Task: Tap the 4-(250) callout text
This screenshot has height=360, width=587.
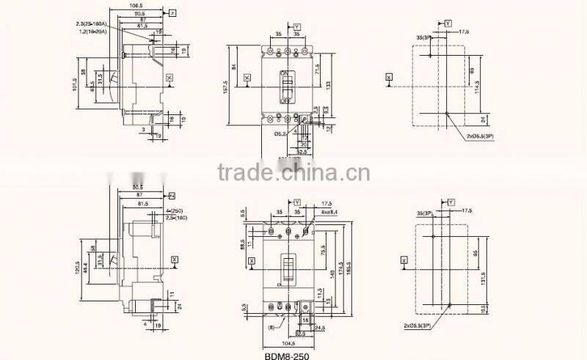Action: [156, 211]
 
